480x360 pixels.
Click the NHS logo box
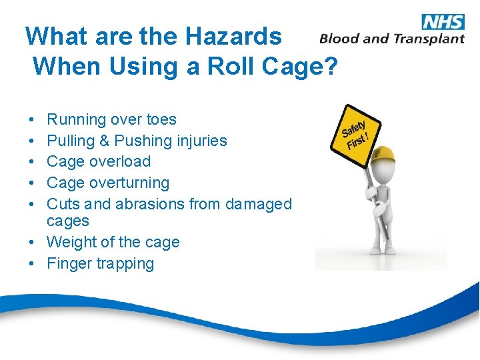[443, 21]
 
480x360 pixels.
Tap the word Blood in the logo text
[341, 39]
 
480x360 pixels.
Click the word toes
[161, 120]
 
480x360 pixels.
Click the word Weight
[71, 243]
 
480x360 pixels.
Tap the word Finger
[69, 264]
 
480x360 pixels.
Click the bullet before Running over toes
[32, 120]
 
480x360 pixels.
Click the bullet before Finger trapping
[32, 264]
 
